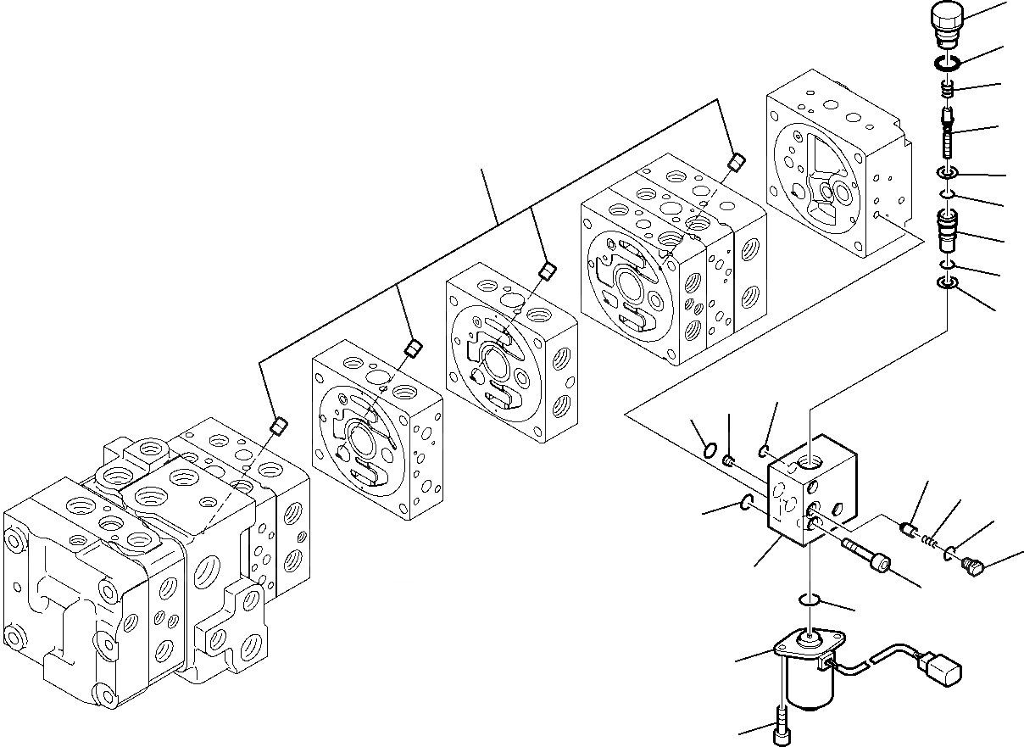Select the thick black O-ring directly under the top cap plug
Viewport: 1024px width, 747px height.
(x=947, y=62)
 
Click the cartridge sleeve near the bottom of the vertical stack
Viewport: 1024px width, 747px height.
(x=947, y=231)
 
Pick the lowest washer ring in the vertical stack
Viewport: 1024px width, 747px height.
(x=947, y=284)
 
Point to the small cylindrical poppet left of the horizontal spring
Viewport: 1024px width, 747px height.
(x=910, y=530)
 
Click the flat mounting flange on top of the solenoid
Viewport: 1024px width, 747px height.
(x=802, y=644)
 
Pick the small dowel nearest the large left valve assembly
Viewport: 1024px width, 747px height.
(x=276, y=426)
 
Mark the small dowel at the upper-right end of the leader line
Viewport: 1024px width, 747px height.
(x=737, y=161)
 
